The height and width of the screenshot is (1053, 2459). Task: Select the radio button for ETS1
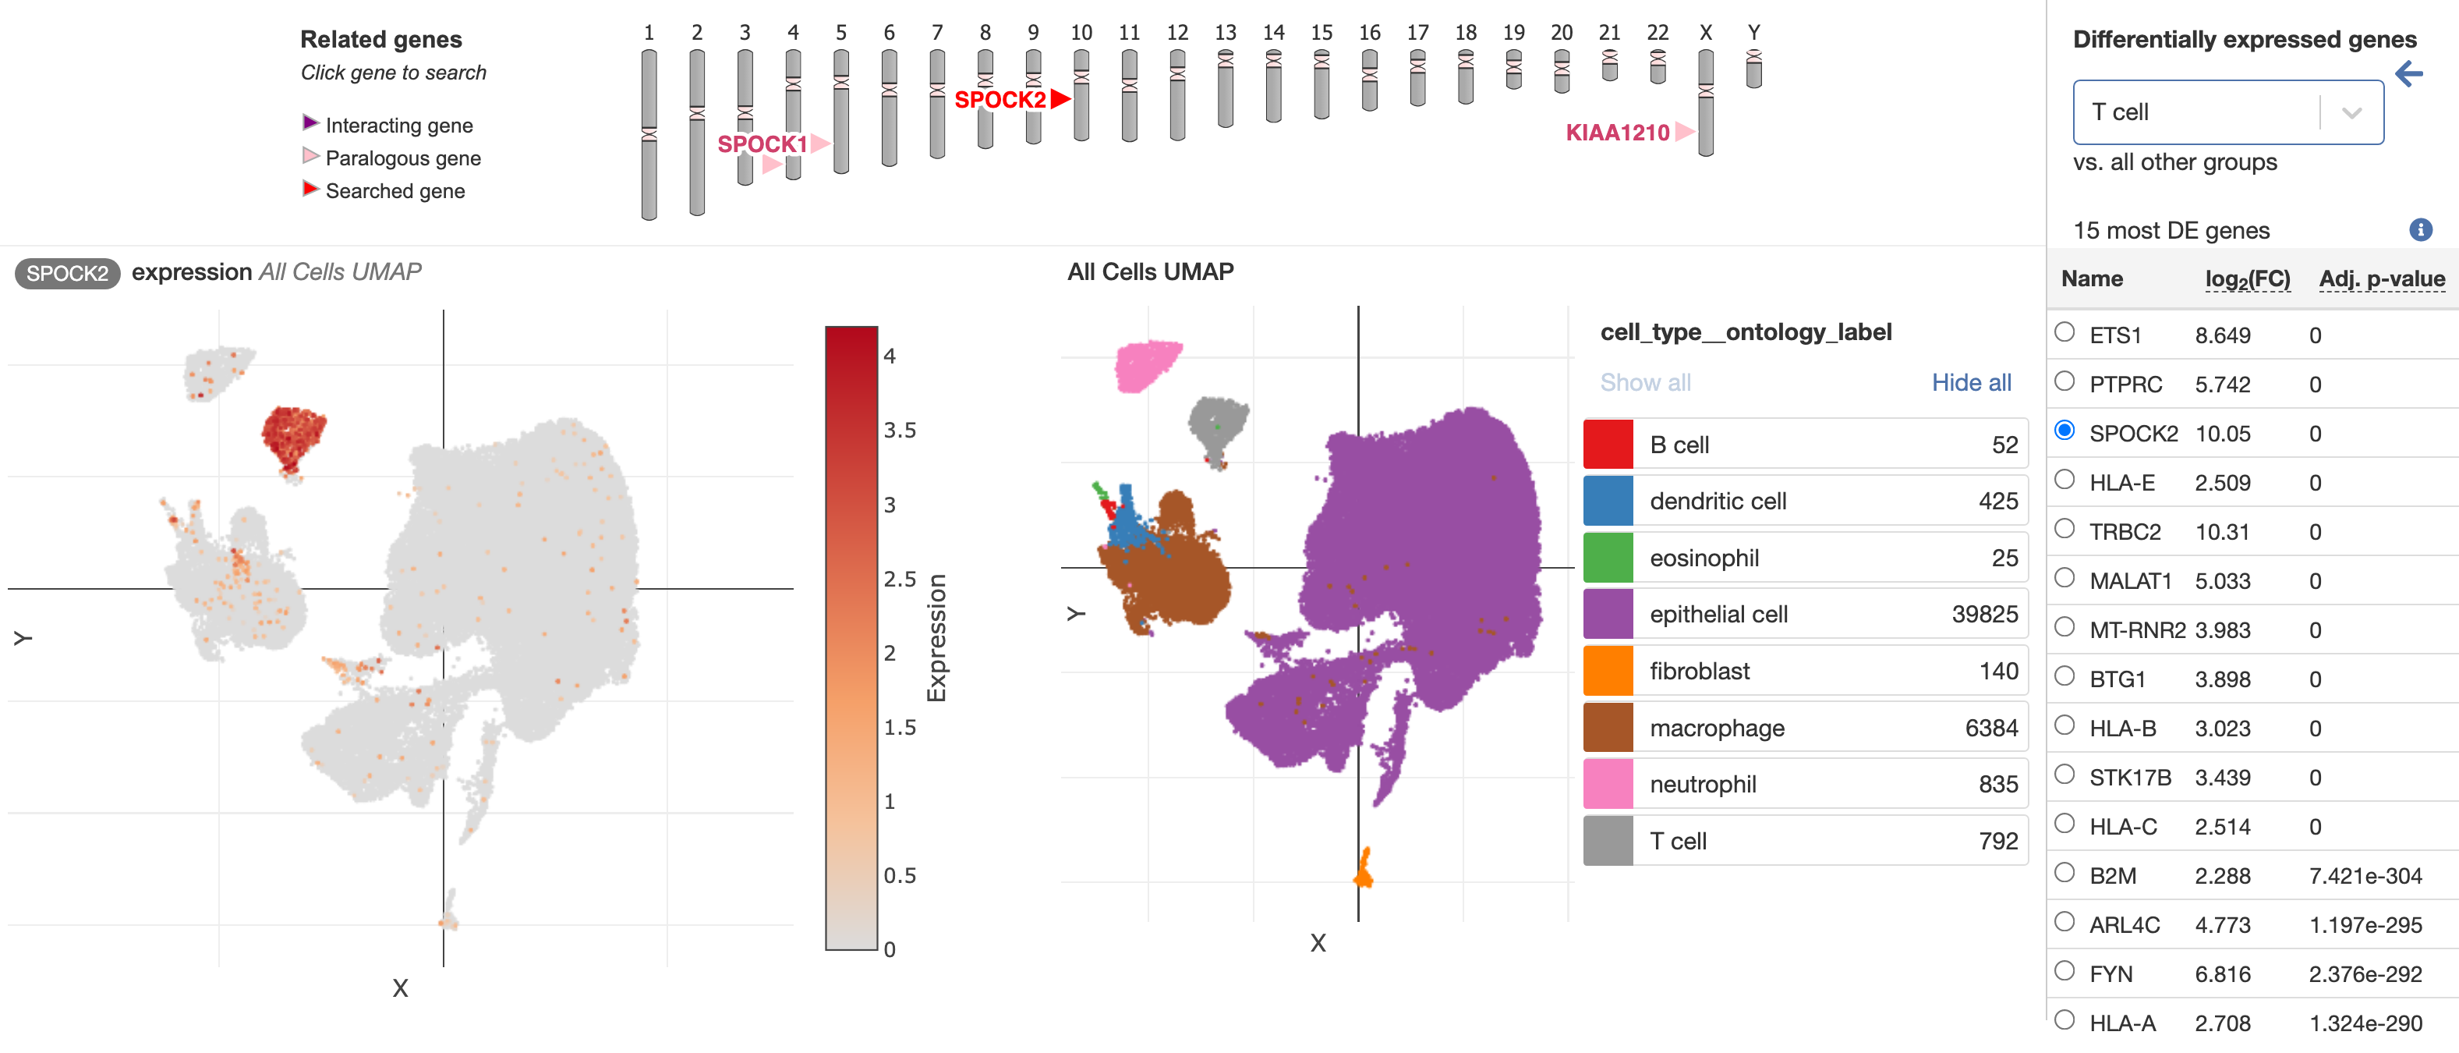tap(2064, 332)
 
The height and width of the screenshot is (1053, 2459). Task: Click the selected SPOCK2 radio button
tap(2064, 431)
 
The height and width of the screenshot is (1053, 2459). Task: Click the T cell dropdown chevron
tap(2351, 112)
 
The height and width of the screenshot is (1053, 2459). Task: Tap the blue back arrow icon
tap(2408, 73)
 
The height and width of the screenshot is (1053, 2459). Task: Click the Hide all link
tap(1970, 383)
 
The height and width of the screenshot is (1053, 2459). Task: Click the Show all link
tap(1645, 383)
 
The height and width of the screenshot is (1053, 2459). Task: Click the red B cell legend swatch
tap(1608, 444)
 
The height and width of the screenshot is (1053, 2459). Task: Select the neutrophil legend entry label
tap(1702, 785)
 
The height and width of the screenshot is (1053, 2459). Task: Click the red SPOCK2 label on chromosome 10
tap(1000, 99)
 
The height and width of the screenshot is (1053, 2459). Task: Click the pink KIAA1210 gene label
tap(1617, 133)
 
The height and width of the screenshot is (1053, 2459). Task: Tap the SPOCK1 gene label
tap(762, 144)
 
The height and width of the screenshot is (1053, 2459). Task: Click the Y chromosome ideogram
tap(1753, 69)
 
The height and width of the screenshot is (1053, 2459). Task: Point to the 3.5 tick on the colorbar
tap(899, 431)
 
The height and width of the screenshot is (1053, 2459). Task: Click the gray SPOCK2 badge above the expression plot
tap(67, 274)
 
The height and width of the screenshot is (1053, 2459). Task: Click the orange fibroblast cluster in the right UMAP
tap(1363, 869)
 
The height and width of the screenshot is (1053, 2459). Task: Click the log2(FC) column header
tap(2247, 278)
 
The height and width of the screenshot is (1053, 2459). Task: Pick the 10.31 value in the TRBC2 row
tap(2222, 532)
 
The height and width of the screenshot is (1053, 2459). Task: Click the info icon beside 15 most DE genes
tap(2420, 229)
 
